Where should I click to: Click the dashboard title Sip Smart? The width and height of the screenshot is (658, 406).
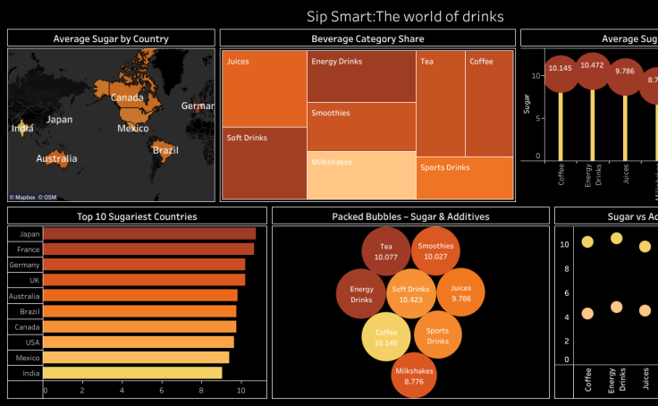[x=405, y=16]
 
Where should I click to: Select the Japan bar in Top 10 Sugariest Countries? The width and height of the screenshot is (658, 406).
[x=149, y=233]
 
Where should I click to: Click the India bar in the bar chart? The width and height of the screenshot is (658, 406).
[x=132, y=373]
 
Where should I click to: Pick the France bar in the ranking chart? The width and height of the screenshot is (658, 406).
[x=148, y=249]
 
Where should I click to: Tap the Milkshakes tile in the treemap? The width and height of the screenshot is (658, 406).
[x=361, y=176]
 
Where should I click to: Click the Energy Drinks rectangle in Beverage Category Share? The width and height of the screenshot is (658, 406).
[x=361, y=77]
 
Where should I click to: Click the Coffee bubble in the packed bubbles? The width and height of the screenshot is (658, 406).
[x=386, y=337]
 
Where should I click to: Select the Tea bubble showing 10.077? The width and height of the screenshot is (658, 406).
[x=385, y=251]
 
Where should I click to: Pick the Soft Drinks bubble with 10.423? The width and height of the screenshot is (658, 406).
[x=411, y=294]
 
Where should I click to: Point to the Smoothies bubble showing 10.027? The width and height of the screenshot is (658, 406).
[x=435, y=251]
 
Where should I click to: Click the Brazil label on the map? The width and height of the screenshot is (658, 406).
[x=165, y=150]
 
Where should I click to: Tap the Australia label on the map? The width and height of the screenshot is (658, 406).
[x=56, y=159]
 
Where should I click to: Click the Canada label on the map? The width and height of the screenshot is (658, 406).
[x=127, y=97]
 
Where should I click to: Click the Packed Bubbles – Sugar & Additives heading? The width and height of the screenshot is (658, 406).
[x=410, y=216]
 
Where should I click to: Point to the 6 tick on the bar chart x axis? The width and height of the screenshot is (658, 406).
[x=161, y=391]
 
